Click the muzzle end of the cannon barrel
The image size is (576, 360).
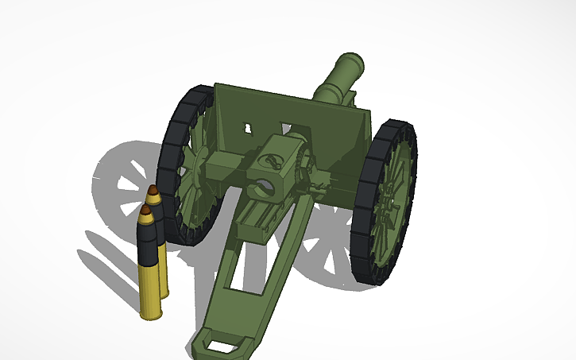350,62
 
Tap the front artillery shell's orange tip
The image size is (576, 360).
145,212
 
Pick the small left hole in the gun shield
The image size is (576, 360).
250,127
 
